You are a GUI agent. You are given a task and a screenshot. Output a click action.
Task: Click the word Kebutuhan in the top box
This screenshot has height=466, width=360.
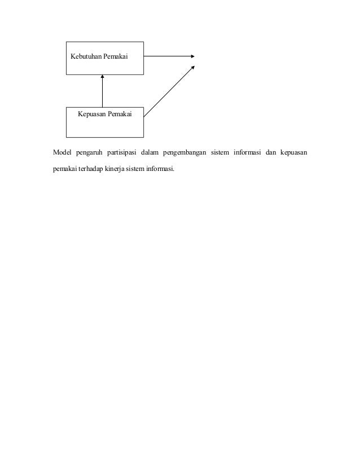click(85, 58)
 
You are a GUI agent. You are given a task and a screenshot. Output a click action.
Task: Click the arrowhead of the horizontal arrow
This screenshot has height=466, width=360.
click(192, 56)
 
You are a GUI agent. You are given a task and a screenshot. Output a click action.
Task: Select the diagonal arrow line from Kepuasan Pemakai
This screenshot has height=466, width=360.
click(168, 92)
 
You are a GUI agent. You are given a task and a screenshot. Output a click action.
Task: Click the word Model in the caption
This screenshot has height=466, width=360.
click(62, 152)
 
